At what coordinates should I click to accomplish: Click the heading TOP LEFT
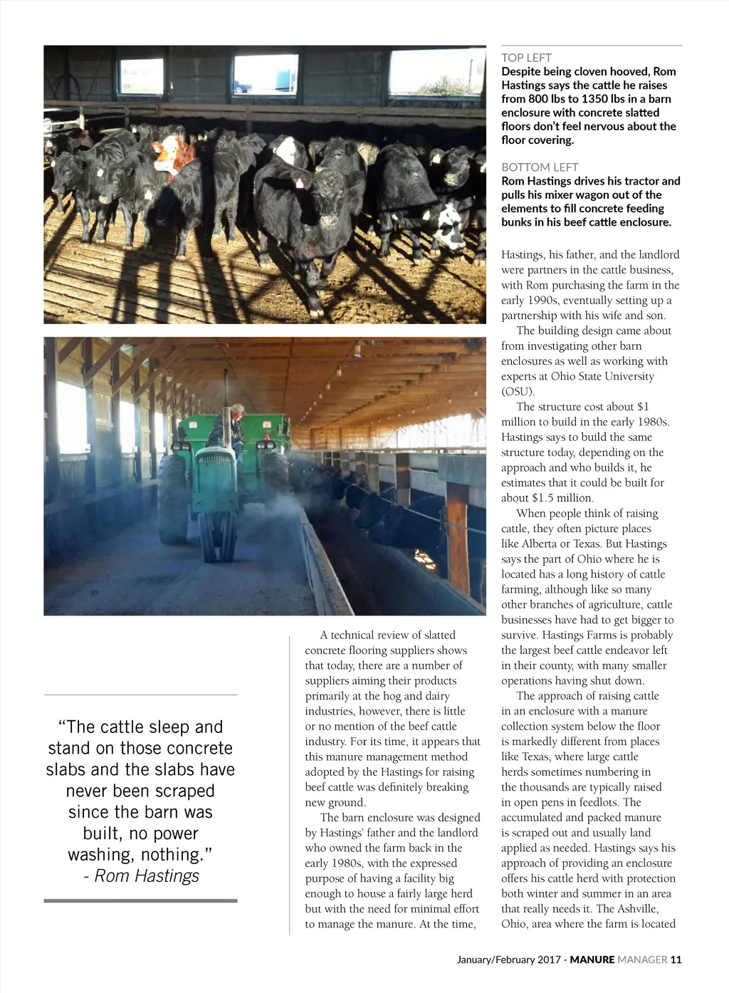click(x=526, y=58)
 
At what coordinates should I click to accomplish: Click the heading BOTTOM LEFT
click(x=540, y=167)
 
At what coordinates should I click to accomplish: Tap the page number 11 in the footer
click(x=676, y=960)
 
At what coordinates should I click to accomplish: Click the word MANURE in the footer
click(x=592, y=960)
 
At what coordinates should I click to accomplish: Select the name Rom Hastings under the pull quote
click(x=147, y=875)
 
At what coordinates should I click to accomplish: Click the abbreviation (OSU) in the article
click(x=518, y=391)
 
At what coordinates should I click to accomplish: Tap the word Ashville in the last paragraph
click(x=636, y=908)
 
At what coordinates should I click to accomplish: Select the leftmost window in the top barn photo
click(x=141, y=76)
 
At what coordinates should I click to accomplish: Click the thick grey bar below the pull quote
click(x=140, y=901)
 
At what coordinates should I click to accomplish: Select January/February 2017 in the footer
click(x=508, y=960)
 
